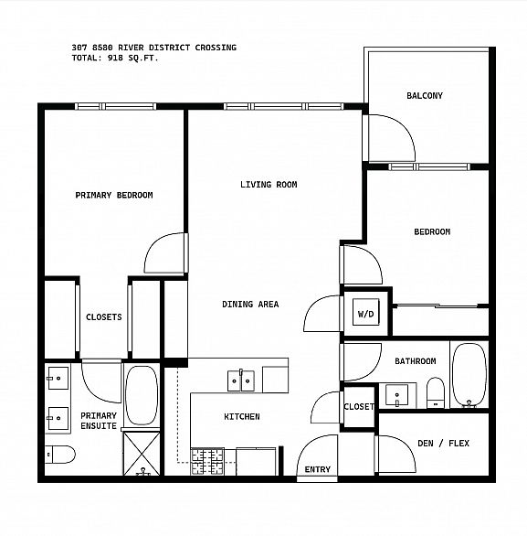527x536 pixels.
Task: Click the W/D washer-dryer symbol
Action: [366, 312]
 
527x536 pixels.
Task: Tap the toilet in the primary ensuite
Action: [60, 455]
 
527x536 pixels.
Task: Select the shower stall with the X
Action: [142, 454]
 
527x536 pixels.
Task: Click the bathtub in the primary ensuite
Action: [142, 395]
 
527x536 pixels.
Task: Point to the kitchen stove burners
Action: [207, 462]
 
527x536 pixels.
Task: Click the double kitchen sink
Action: [241, 381]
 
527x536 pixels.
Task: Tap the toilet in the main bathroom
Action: [436, 392]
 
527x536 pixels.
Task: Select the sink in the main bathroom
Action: [396, 395]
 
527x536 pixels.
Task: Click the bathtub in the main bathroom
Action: [469, 375]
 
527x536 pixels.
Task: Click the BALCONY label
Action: [425, 95]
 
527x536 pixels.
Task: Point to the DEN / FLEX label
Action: [443, 444]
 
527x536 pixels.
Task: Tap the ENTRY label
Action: [318, 469]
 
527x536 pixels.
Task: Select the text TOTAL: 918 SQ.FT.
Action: [115, 58]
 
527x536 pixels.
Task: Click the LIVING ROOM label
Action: [269, 185]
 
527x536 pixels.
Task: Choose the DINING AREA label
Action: [250, 305]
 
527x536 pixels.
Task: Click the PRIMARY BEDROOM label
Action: [114, 195]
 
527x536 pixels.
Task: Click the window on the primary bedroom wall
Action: [115, 106]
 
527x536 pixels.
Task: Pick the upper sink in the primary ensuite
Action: [58, 378]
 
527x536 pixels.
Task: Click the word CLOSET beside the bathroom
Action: [359, 407]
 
